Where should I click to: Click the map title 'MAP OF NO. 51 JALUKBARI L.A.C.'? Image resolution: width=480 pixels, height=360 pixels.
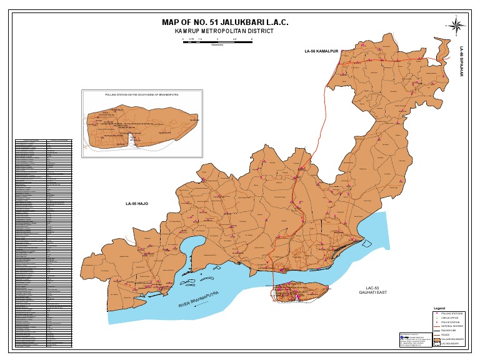coord(225,22)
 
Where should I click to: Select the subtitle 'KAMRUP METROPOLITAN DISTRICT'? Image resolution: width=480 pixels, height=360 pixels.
coord(224,31)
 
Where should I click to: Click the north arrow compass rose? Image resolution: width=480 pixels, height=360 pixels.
coord(457,26)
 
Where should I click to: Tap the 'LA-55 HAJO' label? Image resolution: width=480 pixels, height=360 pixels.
coord(136,204)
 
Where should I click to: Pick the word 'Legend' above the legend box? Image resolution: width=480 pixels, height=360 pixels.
coord(439,309)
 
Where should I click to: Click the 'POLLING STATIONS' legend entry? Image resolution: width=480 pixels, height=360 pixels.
coord(452,313)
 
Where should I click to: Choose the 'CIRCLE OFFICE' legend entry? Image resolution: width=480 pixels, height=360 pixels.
coord(451,317)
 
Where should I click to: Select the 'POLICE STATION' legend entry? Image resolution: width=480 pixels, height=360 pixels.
coord(451,322)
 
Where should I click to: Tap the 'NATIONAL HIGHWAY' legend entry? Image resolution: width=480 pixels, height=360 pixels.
coord(452,326)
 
